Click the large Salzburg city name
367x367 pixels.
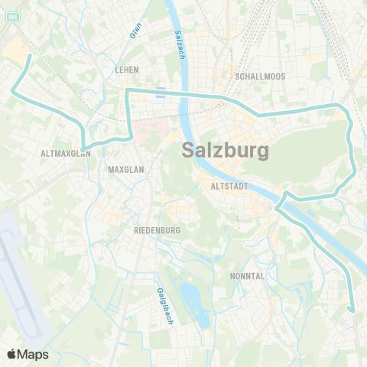point(226,151)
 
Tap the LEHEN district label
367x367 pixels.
point(126,69)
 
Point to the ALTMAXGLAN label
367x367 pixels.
point(66,153)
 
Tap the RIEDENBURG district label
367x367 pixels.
point(156,229)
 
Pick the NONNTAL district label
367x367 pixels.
point(247,275)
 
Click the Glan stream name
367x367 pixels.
point(135,30)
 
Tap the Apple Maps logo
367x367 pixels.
point(28,354)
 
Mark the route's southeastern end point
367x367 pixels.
point(352,310)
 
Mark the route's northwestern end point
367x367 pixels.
point(29,56)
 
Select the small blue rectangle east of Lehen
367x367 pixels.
point(160,93)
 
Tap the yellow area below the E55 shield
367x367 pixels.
point(15,50)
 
